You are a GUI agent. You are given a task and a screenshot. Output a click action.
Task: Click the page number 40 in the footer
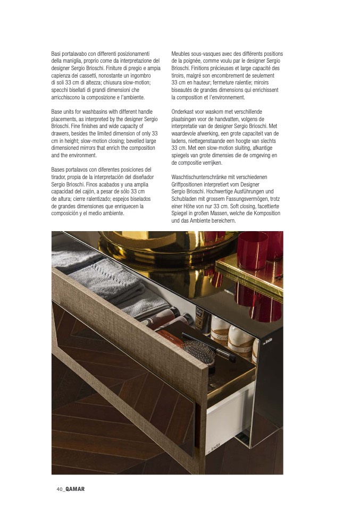[60, 489]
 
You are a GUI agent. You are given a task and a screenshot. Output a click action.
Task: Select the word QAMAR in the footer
[75, 489]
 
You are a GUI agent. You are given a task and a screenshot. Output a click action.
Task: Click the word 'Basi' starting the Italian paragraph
[57, 54]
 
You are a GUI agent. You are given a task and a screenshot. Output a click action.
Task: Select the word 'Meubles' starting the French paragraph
[181, 54]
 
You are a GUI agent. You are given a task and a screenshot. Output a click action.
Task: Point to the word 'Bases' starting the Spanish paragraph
[58, 169]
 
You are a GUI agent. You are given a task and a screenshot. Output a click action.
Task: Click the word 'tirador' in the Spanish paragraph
[60, 177]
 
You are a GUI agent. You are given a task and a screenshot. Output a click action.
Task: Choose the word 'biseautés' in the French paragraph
[183, 90]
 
